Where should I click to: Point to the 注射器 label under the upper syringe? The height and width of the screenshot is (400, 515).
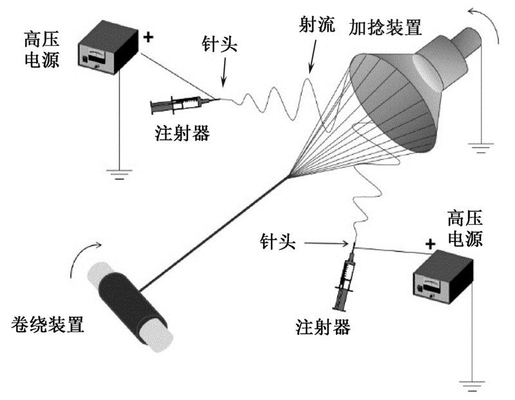point(182,133)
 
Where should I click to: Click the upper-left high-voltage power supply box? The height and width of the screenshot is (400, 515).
point(108,54)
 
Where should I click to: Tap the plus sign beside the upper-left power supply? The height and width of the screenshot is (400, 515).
point(149,37)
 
